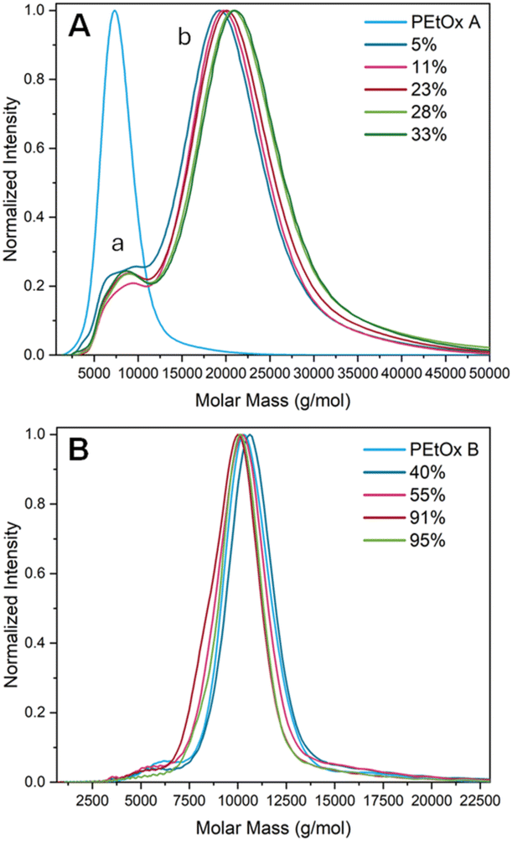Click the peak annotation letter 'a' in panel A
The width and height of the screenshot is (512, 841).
(x=119, y=244)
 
